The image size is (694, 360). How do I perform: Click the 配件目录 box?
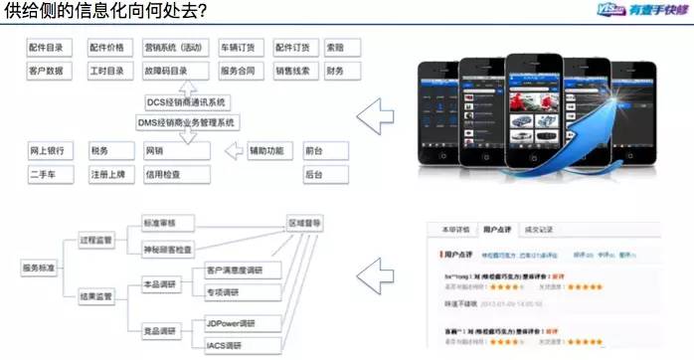51,48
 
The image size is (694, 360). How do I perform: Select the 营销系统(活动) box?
175,48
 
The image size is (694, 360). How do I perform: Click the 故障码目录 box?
175,72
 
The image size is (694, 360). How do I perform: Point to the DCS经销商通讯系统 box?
187,101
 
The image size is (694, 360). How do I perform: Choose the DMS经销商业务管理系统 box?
187,122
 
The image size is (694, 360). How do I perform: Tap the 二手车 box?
51,174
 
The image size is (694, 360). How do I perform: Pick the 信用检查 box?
175,174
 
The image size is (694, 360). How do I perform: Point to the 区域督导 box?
303,224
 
